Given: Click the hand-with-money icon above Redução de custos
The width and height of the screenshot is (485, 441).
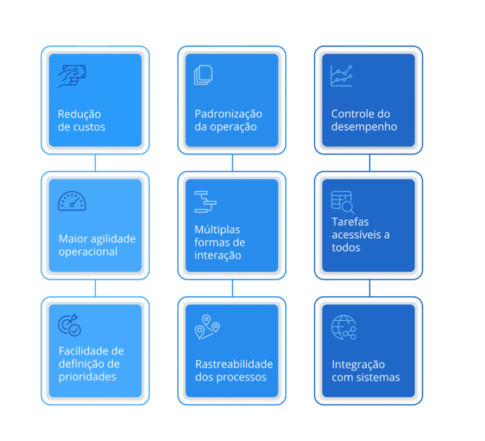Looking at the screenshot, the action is (x=72, y=76).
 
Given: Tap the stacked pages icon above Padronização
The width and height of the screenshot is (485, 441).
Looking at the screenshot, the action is (x=203, y=75).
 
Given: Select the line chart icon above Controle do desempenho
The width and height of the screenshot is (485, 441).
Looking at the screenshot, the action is (x=341, y=76).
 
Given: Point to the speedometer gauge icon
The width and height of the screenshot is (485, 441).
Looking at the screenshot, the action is (x=72, y=201).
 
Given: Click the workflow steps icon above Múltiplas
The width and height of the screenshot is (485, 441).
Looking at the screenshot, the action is (x=205, y=202).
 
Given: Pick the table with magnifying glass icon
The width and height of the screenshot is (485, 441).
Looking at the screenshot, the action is (x=343, y=202).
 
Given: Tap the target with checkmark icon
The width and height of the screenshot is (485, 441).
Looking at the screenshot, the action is (x=69, y=325).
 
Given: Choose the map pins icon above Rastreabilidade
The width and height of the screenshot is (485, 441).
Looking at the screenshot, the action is (x=207, y=327).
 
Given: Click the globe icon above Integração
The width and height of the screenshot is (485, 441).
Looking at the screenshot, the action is (x=344, y=327).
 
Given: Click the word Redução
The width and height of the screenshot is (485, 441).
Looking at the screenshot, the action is (x=79, y=114).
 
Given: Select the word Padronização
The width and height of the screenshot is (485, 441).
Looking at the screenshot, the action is (x=228, y=114).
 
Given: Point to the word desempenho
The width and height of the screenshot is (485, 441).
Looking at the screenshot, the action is (x=364, y=127).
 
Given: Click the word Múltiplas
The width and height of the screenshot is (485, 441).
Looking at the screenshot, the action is (x=217, y=229).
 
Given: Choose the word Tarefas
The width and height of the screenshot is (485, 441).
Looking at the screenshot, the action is (x=350, y=222).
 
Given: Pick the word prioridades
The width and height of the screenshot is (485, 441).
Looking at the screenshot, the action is (x=87, y=377).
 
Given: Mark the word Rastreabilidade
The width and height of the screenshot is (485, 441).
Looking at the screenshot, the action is (x=234, y=365).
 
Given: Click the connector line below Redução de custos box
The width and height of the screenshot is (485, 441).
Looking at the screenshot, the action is (x=95, y=163).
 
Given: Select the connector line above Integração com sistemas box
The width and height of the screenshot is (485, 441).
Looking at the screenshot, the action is (x=369, y=288).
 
